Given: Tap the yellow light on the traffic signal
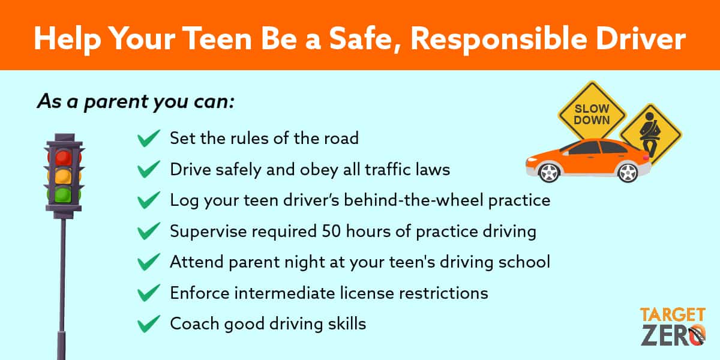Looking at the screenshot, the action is point(64,176).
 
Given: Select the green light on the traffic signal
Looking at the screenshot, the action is point(64,195).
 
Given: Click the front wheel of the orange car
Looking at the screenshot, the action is point(550,173).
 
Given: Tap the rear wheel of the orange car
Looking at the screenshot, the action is point(628,173).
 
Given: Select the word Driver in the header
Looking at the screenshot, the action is point(641,39).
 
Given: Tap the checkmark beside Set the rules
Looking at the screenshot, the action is point(149,138).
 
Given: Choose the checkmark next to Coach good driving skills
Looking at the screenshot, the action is point(149,323).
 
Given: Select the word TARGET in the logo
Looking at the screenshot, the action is point(673,315).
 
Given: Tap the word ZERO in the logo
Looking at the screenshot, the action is point(673,335).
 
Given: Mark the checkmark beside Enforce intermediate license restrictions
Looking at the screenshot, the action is point(149,293).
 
